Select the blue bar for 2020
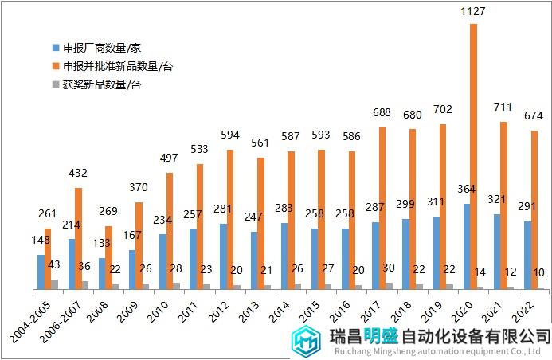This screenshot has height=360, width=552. pos(466,246)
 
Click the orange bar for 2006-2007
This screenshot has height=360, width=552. pos(78,238)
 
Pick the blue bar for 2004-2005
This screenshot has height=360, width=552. pos(40,272)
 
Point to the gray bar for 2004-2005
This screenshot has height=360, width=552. pos(55,284)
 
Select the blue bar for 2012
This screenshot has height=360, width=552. pos(222,256)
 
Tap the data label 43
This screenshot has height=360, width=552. pos(54,264)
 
